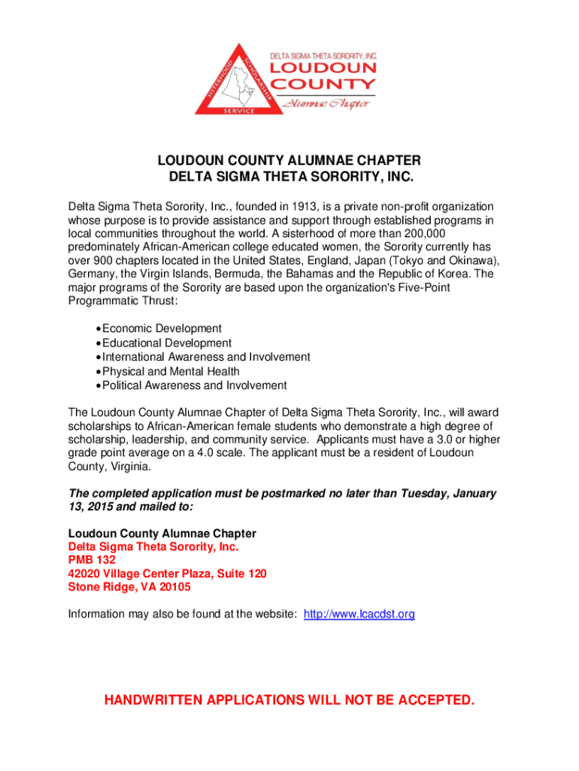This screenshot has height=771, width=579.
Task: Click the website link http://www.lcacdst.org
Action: pyautogui.click(x=359, y=614)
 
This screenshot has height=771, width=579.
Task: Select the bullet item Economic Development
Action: pyautogui.click(x=162, y=328)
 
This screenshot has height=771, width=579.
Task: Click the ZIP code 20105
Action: pyautogui.click(x=174, y=587)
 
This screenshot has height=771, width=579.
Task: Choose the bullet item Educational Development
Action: pyautogui.click(x=167, y=343)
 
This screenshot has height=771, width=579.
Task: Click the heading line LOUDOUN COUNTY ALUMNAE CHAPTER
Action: pyautogui.click(x=289, y=161)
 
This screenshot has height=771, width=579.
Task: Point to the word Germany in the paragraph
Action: pyautogui.click(x=92, y=274)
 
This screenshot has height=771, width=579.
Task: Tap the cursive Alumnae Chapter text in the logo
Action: pyautogui.click(x=325, y=103)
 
